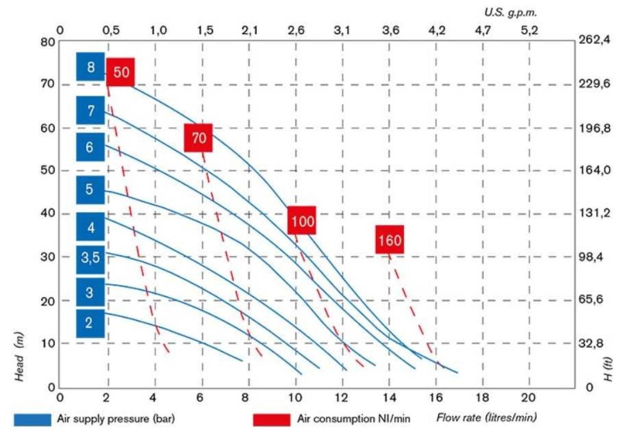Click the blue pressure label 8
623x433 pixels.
click(x=90, y=67)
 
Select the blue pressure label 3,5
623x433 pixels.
click(x=90, y=259)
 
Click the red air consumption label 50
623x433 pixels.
click(x=121, y=72)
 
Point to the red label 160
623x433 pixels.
click(x=390, y=239)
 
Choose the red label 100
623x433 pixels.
click(x=302, y=221)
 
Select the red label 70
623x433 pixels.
click(x=198, y=138)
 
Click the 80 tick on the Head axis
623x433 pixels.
click(x=48, y=42)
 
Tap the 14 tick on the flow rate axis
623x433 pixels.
click(x=389, y=397)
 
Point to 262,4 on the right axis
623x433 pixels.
click(x=594, y=40)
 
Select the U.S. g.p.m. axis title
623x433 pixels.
click(x=510, y=13)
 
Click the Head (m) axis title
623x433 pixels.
click(x=19, y=357)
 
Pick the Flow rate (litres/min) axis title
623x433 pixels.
click(x=486, y=418)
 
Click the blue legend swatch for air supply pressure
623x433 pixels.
click(x=32, y=420)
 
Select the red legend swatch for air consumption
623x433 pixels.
click(x=271, y=420)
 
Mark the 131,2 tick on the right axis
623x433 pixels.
click(x=594, y=213)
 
